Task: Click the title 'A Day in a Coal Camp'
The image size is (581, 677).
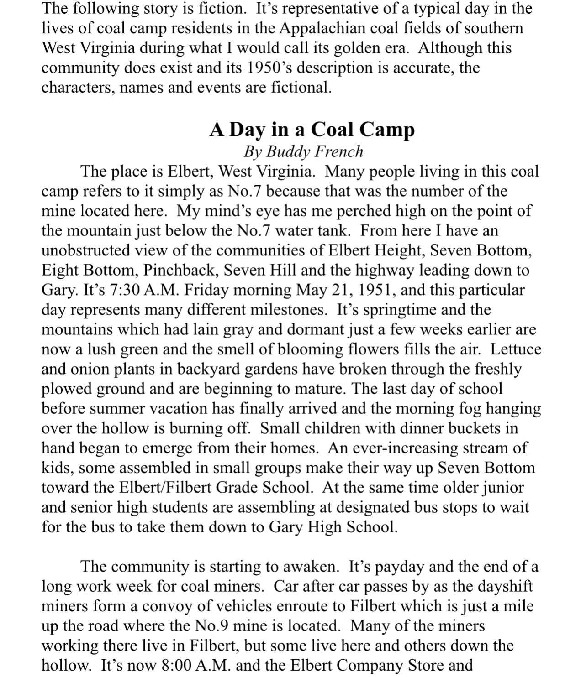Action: point(312,130)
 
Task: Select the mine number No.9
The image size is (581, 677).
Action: point(211,625)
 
